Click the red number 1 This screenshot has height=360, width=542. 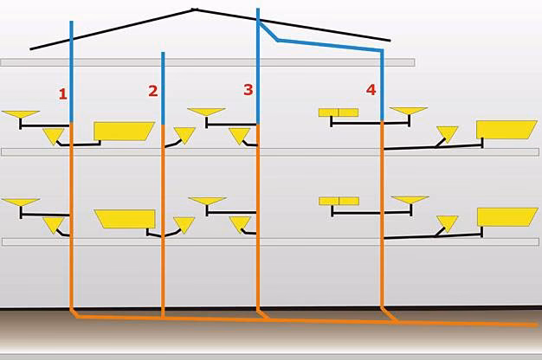tap(63, 93)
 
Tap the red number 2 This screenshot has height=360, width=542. tap(153, 91)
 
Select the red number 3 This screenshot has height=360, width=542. tap(248, 89)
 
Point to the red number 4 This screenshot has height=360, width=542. tap(371, 89)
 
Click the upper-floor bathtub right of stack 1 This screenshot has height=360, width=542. tap(123, 131)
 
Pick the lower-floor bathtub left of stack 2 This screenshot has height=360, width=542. tap(126, 218)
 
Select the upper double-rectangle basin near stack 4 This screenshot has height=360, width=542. tap(339, 112)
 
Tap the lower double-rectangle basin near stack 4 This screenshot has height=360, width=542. tap(339, 201)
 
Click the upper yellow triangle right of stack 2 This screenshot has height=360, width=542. tap(184, 135)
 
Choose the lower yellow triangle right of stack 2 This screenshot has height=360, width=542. tap(184, 224)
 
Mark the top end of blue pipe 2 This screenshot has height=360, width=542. tap(163, 54)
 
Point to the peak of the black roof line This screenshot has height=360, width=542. tap(194, 10)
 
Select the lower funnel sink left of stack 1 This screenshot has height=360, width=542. tap(21, 203)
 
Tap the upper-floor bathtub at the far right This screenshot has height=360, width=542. tap(507, 129)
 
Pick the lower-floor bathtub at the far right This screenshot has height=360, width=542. tap(507, 216)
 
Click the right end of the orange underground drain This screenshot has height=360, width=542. tap(534, 325)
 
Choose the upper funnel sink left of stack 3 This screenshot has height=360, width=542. tap(207, 112)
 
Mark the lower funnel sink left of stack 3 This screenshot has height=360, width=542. tap(207, 202)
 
